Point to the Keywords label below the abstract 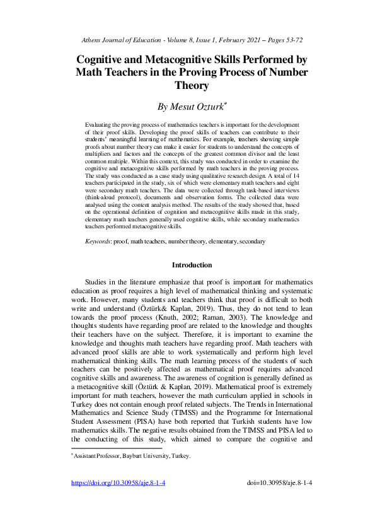(x=100, y=242)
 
